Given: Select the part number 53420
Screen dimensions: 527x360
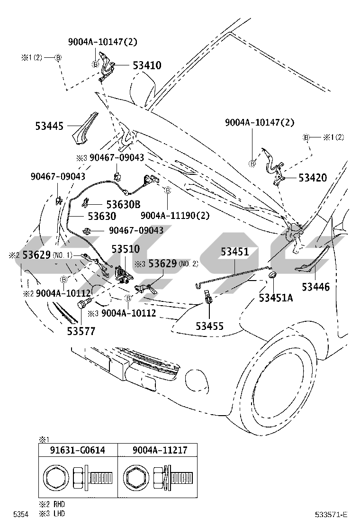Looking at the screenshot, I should pyautogui.click(x=313, y=178).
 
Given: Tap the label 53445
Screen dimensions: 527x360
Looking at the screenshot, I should pyautogui.click(x=50, y=126).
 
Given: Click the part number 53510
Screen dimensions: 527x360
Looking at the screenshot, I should pyautogui.click(x=126, y=249).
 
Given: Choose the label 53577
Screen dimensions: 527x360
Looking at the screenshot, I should pyautogui.click(x=81, y=331).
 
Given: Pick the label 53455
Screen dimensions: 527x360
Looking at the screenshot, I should pyautogui.click(x=210, y=326).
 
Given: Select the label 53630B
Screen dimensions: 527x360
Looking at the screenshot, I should pyautogui.click(x=123, y=204).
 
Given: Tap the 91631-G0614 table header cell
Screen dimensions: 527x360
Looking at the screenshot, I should pyautogui.click(x=78, y=450).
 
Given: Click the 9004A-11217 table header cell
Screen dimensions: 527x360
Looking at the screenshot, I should pyautogui.click(x=157, y=450).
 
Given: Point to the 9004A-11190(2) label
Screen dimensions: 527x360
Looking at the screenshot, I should pyautogui.click(x=175, y=215).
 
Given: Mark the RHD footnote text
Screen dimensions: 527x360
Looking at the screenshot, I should pyautogui.click(x=57, y=506).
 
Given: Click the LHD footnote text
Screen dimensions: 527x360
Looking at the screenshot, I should pyautogui.click(x=57, y=513).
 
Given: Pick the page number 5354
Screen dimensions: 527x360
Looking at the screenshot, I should pyautogui.click(x=20, y=514).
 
